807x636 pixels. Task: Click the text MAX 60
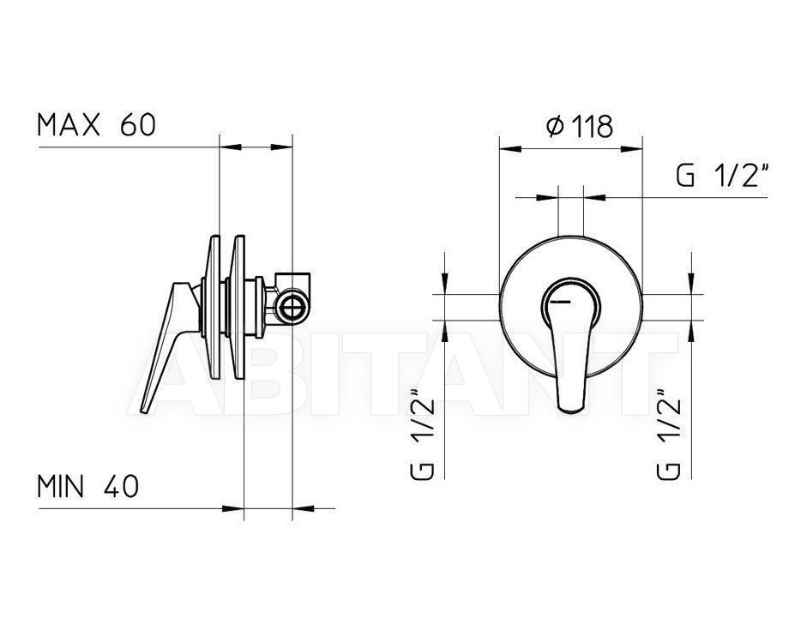(96, 125)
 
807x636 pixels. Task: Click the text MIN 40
(88, 486)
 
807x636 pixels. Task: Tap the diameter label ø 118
(580, 126)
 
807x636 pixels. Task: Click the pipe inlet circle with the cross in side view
(292, 310)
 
